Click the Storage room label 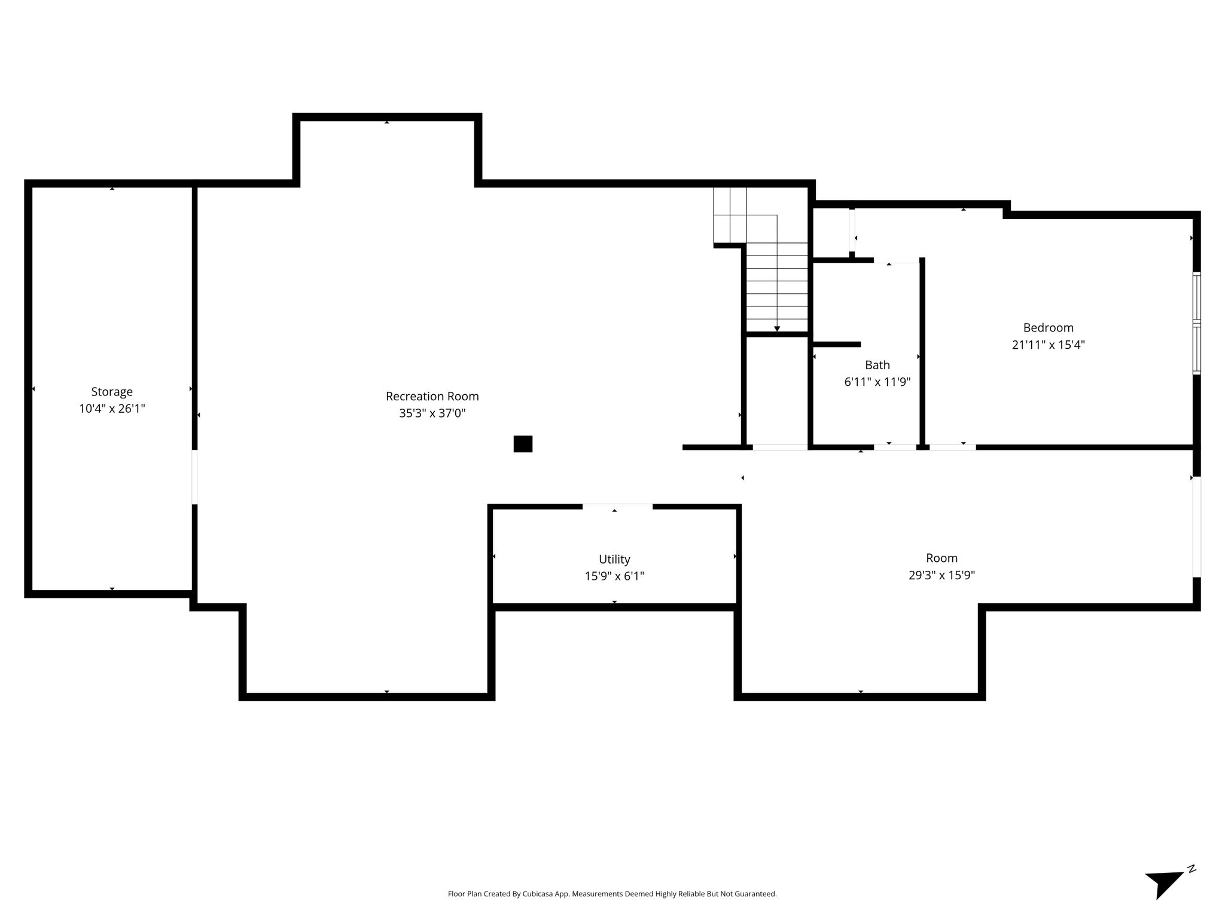[112, 392]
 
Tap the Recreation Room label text [432, 396]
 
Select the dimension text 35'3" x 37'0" [432, 413]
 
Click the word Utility [614, 559]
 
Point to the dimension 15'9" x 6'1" [614, 576]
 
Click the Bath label [877, 365]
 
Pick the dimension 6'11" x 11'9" [877, 382]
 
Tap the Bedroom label [1048, 328]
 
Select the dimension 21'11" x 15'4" [1048, 345]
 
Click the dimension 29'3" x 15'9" [941, 575]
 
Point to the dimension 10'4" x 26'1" [112, 409]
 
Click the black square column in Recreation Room [523, 444]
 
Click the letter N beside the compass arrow [1192, 869]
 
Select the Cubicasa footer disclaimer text [612, 894]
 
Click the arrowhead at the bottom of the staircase [777, 328]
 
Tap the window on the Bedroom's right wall [1196, 323]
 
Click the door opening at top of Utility [617, 507]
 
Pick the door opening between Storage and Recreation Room [194, 477]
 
